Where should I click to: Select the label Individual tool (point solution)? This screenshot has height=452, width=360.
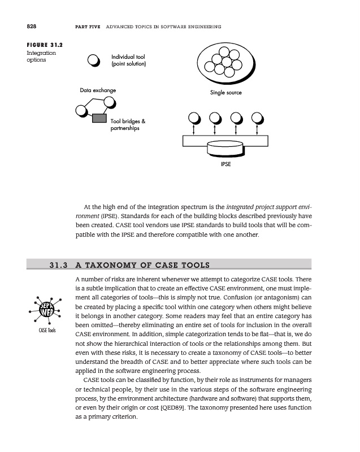coord(129,60)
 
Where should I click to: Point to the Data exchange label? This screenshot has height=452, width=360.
coord(98,90)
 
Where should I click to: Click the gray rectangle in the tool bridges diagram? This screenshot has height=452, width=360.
coord(99,118)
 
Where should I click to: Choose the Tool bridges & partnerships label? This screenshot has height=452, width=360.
coord(128,125)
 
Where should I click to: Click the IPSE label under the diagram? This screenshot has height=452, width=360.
coord(225,165)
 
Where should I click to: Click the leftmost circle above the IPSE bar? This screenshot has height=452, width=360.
coord(194,119)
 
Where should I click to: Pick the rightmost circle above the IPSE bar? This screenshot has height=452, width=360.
coord(257,119)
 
